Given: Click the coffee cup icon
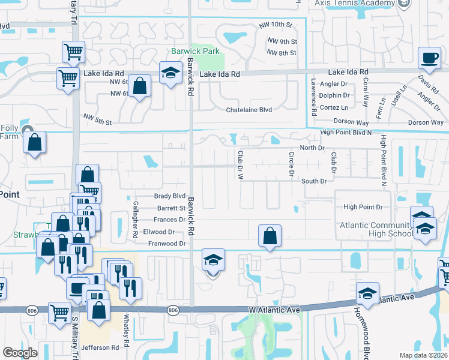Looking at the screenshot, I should [x=429, y=59].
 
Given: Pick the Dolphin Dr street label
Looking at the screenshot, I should [x=334, y=95].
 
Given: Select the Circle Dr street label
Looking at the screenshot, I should [x=291, y=164].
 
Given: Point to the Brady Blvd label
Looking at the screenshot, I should [x=170, y=196].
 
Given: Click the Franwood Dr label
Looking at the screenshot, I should [x=167, y=244].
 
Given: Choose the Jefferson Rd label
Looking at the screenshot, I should [x=100, y=347].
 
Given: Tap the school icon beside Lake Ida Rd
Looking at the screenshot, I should [x=170, y=74].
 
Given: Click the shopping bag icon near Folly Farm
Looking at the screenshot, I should [x=35, y=143].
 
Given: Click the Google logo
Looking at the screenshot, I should [x=20, y=353].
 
